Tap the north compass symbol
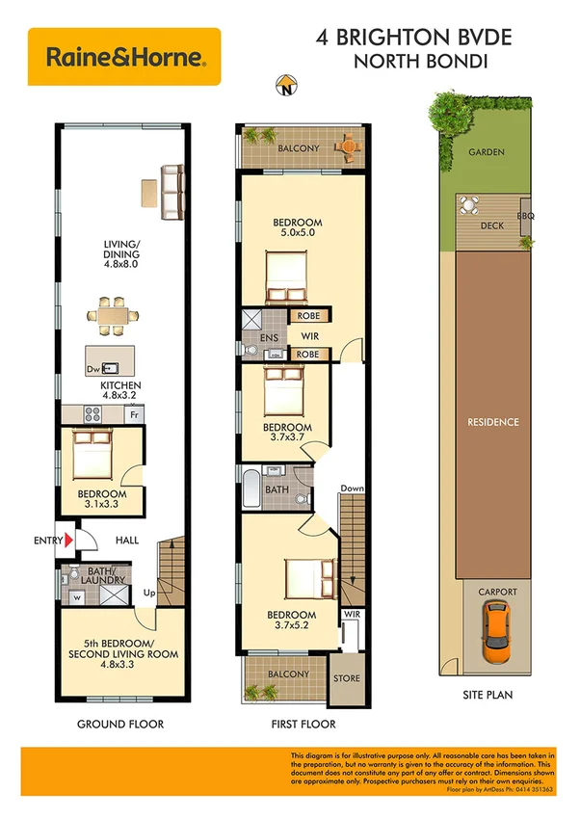(x=285, y=88)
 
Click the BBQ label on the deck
(x=526, y=216)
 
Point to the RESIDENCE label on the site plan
(x=492, y=422)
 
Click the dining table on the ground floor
(x=111, y=314)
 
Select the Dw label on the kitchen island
(x=92, y=368)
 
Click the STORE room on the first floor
(x=347, y=678)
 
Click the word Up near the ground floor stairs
(x=149, y=594)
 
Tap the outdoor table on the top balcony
(x=345, y=145)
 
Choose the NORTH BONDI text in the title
(x=414, y=62)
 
